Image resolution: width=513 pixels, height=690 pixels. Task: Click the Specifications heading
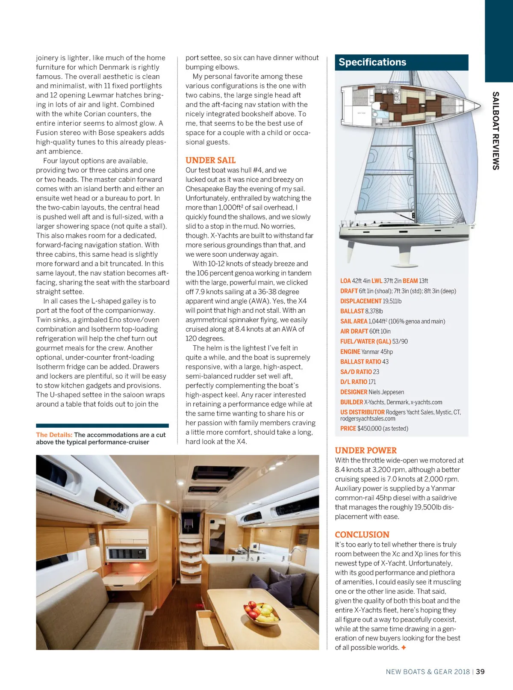[372, 62]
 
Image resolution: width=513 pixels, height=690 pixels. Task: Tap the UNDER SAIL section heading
[210, 160]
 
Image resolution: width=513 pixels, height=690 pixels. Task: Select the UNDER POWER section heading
[366, 450]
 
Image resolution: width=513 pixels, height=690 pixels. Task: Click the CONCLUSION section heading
[362, 535]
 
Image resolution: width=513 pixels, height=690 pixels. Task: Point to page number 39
[481, 672]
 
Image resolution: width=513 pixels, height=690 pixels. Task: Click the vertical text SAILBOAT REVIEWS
[496, 130]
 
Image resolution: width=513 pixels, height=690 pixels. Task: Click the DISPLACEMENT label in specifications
[360, 301]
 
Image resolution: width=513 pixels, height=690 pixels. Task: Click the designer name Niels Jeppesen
[386, 392]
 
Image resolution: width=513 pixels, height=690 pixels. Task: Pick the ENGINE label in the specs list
[350, 352]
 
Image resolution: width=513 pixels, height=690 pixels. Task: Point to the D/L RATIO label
[354, 382]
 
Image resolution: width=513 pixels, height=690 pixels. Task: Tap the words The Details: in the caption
[54, 435]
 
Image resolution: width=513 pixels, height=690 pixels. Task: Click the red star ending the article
[404, 648]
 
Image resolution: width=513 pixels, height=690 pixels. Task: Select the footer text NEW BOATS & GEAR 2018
[427, 672]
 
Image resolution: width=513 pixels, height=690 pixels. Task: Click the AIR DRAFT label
[354, 332]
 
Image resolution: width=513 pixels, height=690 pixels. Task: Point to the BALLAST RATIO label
[360, 362]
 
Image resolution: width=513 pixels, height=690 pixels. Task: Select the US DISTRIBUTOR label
[362, 412]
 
